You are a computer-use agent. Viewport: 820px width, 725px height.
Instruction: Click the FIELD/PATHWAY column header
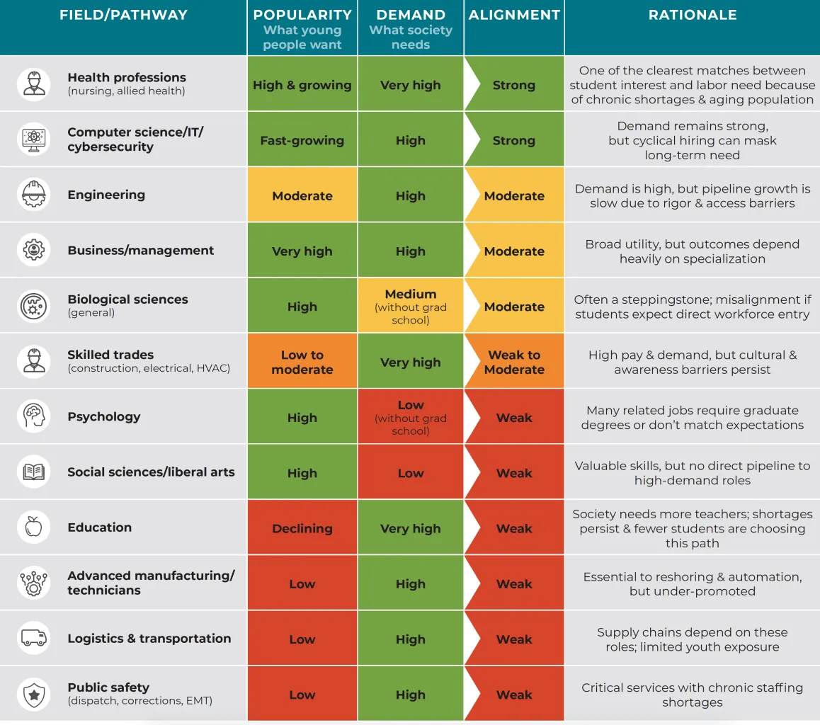123,15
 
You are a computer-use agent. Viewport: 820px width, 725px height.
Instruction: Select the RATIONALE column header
692,15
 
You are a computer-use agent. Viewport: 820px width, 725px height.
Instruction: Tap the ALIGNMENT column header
514,15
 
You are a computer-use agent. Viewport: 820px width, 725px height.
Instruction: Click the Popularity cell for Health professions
302,85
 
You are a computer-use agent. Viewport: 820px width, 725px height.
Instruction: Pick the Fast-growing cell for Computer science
302,140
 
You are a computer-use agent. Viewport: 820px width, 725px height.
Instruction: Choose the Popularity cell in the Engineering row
302,196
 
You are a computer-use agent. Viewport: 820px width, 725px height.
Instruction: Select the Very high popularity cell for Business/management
302,251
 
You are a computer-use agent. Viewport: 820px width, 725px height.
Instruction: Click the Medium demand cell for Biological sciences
411,307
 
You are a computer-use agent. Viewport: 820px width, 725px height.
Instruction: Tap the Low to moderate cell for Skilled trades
302,362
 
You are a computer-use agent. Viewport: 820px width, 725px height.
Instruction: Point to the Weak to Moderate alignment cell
514,362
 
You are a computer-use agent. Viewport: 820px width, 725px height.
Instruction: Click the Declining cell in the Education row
302,528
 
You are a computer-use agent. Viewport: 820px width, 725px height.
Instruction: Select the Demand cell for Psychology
411,417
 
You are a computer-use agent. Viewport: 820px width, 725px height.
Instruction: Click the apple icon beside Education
33,527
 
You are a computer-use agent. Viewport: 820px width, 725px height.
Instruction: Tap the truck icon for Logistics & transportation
33,638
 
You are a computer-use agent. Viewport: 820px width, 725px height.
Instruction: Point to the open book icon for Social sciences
33,472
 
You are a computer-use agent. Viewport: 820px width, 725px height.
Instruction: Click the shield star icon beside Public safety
33,694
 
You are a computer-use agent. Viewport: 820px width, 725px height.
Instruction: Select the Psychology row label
104,417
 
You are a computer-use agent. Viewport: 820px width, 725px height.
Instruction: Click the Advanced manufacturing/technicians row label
151,583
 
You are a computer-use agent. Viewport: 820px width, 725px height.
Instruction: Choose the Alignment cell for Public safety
514,695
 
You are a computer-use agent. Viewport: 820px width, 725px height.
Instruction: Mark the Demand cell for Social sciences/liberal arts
411,473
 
